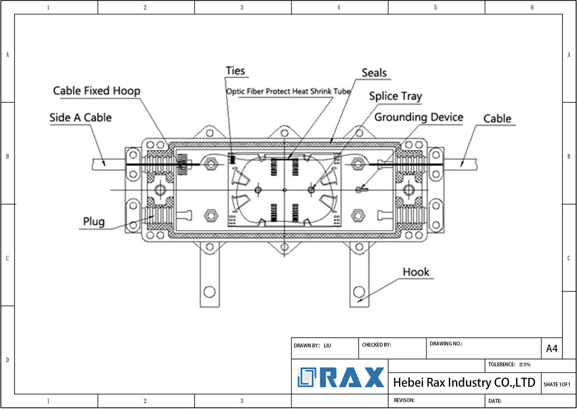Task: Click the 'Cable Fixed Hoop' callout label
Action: [97, 91]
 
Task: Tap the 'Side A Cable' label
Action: [80, 117]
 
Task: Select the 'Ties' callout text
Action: [235, 71]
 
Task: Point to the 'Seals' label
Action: [374, 73]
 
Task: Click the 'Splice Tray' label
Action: [395, 96]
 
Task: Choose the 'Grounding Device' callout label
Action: [419, 117]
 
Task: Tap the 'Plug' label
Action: [94, 221]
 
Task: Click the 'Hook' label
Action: [416, 272]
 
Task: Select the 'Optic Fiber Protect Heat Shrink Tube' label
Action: [288, 91]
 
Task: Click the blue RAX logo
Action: [341, 377]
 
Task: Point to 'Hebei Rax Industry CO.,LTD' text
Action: [464, 382]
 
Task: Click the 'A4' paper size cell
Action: [552, 349]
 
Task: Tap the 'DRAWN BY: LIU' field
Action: [312, 345]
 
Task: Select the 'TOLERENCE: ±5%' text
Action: [509, 364]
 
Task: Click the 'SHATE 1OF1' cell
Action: [557, 384]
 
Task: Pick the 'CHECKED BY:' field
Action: [376, 345]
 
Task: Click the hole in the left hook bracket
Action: [209, 292]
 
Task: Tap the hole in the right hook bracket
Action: [359, 292]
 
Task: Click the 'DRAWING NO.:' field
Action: [446, 344]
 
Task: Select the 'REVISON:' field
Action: [404, 400]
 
